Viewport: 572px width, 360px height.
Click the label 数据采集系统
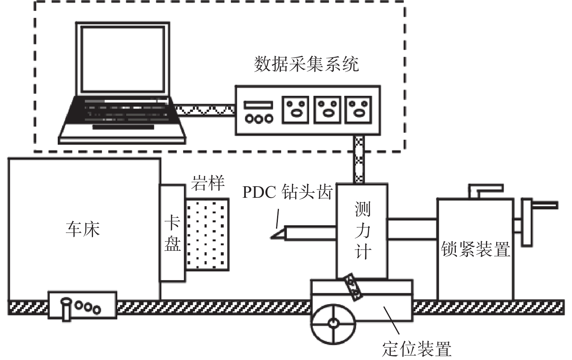point(307,64)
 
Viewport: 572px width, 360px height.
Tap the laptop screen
point(123,59)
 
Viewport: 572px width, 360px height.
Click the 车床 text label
point(83,229)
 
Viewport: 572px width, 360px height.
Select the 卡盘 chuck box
point(173,233)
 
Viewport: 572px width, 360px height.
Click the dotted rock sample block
point(207,234)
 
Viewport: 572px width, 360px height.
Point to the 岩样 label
point(208,183)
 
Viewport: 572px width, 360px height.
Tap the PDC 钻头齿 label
point(288,192)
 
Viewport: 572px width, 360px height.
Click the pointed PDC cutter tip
point(271,238)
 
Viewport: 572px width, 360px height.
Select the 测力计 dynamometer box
point(362,231)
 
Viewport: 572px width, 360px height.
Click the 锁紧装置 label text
point(475,249)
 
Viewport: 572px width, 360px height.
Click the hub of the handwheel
point(333,323)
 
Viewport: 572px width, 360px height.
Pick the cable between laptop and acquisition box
point(204,110)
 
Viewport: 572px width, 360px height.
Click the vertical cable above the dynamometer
point(359,159)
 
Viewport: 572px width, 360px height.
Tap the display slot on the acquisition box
point(259,105)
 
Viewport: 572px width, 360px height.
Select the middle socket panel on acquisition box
point(327,110)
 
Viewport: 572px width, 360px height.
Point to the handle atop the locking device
point(486,190)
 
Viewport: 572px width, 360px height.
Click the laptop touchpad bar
point(123,127)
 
